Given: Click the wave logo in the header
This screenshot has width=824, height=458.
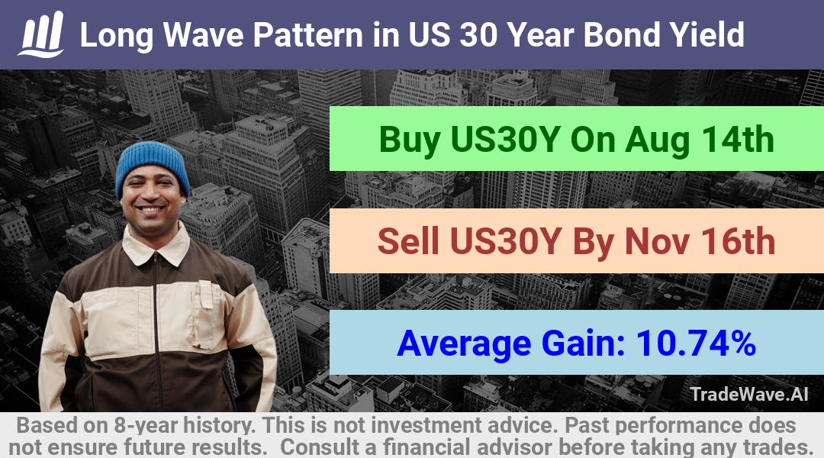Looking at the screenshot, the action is click(x=41, y=34).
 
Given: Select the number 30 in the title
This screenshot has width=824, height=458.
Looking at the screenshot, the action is click(x=478, y=35).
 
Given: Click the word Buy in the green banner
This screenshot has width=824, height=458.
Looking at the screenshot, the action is click(x=410, y=140).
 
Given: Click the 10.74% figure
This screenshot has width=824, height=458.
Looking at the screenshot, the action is click(x=696, y=343).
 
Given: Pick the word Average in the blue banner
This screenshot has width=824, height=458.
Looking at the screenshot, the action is click(x=465, y=344).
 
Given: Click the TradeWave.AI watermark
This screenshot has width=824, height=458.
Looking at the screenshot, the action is click(x=749, y=394).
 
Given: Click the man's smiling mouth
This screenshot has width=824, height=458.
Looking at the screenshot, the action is click(x=150, y=210).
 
